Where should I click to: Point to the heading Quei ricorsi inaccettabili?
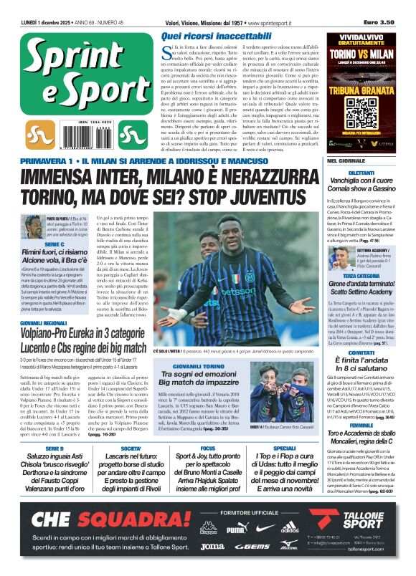pyautogui.click(x=212, y=35)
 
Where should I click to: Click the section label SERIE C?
pyautogui.click(x=35, y=245)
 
